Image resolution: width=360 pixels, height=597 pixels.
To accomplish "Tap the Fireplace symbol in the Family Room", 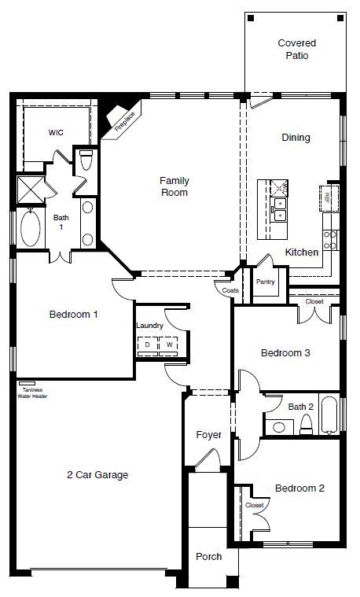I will click(123, 120).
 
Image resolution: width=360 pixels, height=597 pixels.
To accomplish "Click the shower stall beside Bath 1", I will click(29, 190).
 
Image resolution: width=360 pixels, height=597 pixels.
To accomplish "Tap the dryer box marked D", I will click(146, 345).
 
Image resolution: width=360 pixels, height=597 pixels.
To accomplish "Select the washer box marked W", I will click(168, 345).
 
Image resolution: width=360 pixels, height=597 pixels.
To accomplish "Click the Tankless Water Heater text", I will click(34, 393).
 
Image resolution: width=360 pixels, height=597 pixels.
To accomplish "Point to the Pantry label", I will click(263, 282).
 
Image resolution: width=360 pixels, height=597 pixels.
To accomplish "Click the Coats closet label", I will click(230, 290).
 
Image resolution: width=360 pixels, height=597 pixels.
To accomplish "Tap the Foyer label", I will click(208, 435).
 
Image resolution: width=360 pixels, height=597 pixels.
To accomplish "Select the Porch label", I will click(208, 556).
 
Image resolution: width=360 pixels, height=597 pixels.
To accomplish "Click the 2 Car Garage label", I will click(97, 474).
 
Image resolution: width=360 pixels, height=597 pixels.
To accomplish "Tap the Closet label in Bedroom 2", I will click(254, 505).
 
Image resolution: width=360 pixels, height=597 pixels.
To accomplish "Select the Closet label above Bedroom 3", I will click(314, 300).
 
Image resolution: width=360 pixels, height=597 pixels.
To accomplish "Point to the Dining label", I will click(296, 138).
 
